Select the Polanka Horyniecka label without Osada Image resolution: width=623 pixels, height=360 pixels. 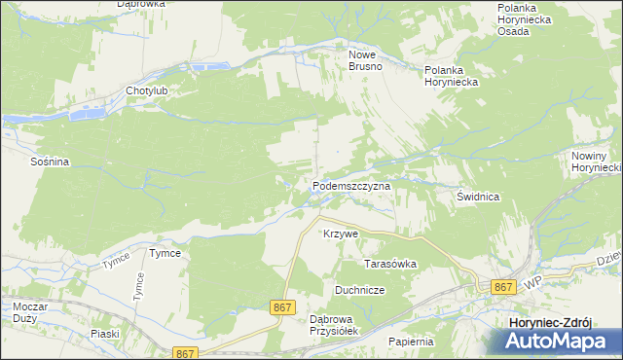click(x=451, y=77)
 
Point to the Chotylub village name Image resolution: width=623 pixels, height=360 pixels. click(x=147, y=91)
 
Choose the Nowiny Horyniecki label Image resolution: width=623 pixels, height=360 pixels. click(x=596, y=162)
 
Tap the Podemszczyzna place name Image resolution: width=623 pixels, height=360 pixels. click(x=351, y=185)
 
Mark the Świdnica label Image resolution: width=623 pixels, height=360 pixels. click(x=478, y=197)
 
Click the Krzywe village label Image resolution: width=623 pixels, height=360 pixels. click(x=342, y=234)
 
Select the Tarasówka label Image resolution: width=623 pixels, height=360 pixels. click(x=389, y=264)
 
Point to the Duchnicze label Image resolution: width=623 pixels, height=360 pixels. click(x=360, y=290)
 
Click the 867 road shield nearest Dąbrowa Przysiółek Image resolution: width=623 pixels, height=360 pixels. click(x=282, y=307)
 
